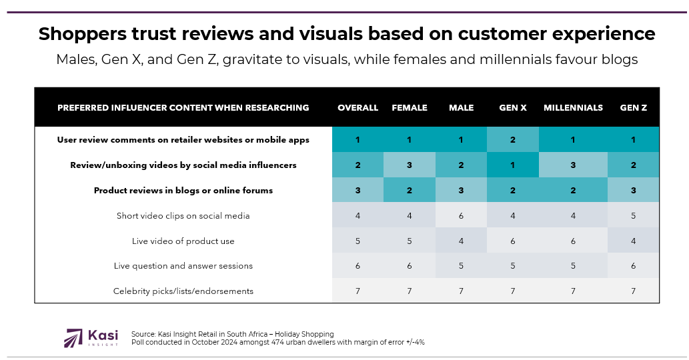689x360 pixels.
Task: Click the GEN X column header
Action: point(512,107)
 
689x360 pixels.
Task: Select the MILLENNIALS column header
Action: point(573,107)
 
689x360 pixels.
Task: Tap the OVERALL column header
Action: point(358,107)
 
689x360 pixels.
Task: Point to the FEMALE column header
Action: point(410,107)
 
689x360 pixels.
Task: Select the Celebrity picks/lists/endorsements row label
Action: point(183,291)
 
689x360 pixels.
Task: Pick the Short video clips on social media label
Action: point(183,215)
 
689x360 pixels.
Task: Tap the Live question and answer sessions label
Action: point(183,265)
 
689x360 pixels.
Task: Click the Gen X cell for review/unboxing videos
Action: point(512,165)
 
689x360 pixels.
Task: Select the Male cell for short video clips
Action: point(461,215)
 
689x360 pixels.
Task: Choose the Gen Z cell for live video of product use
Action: point(633,241)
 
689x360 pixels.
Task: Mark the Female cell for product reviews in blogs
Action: point(410,190)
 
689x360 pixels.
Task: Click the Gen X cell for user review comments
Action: point(512,139)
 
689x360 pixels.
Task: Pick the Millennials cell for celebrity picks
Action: point(573,291)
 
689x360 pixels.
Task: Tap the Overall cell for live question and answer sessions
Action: point(358,265)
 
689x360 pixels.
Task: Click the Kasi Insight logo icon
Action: point(73,337)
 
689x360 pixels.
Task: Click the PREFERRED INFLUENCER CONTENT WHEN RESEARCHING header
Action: point(183,107)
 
